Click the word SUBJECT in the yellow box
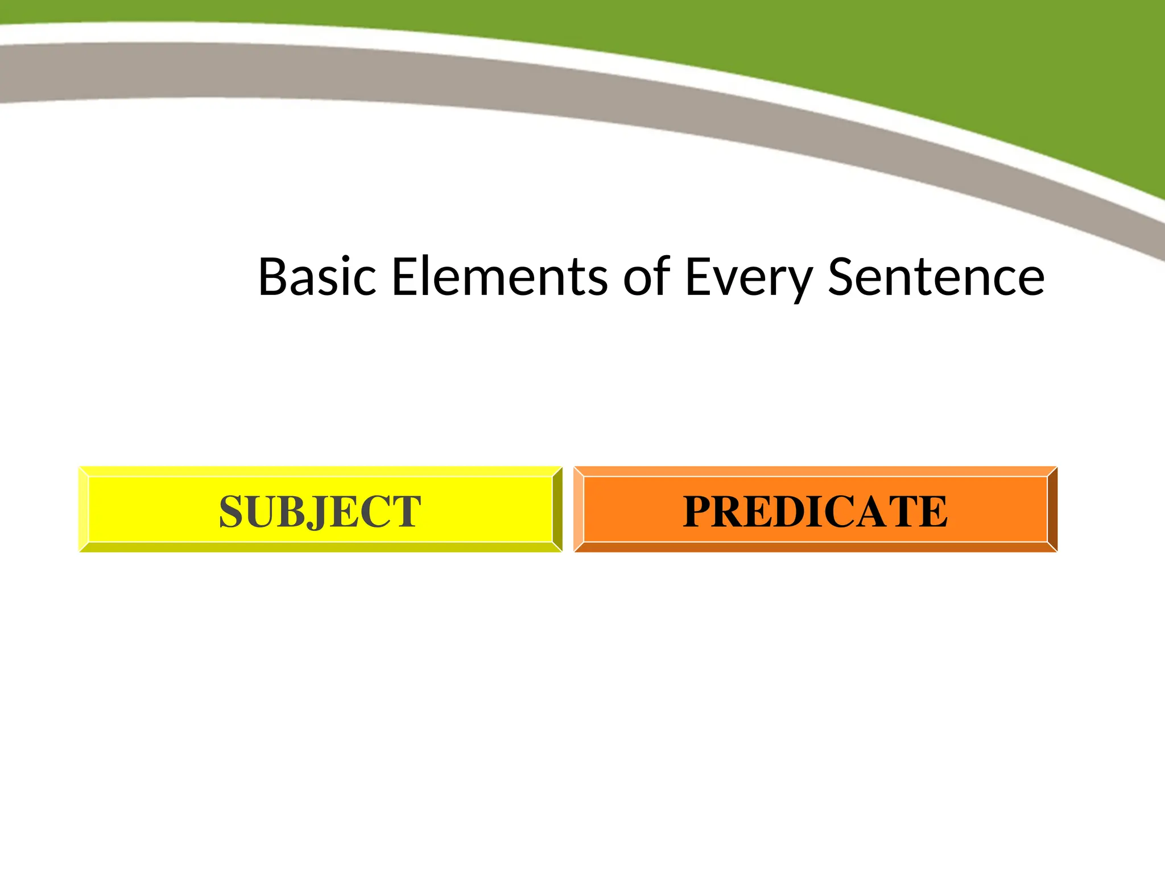(x=320, y=512)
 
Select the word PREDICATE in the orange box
(x=815, y=512)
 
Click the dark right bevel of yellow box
(x=557, y=509)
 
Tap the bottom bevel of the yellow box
(x=320, y=547)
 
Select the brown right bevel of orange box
(x=1052, y=509)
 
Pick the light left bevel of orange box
(x=579, y=509)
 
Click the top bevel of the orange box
(x=815, y=471)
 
